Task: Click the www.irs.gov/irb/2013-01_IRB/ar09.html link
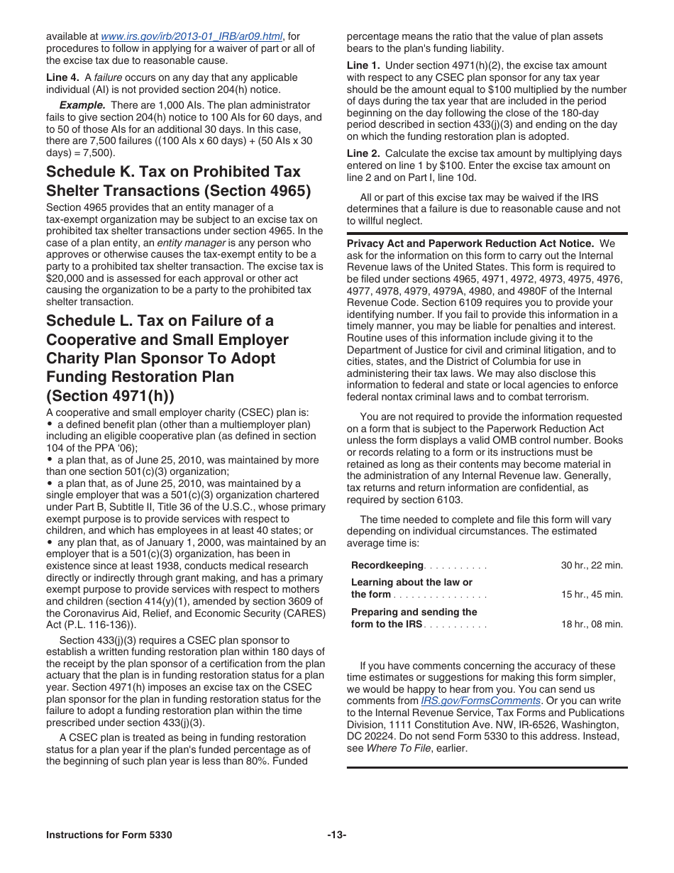pos(192,37)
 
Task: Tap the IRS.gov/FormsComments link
pos(480,701)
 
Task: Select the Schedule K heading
pos(173,181)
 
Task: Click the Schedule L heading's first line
pos(160,321)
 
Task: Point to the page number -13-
pos(336,835)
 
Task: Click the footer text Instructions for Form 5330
pos(109,835)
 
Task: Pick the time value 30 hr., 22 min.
pos(592,566)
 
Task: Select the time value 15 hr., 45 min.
pos(592,595)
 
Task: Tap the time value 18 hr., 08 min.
pos(592,625)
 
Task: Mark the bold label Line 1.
pos(363,66)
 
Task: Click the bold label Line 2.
pos(363,154)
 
